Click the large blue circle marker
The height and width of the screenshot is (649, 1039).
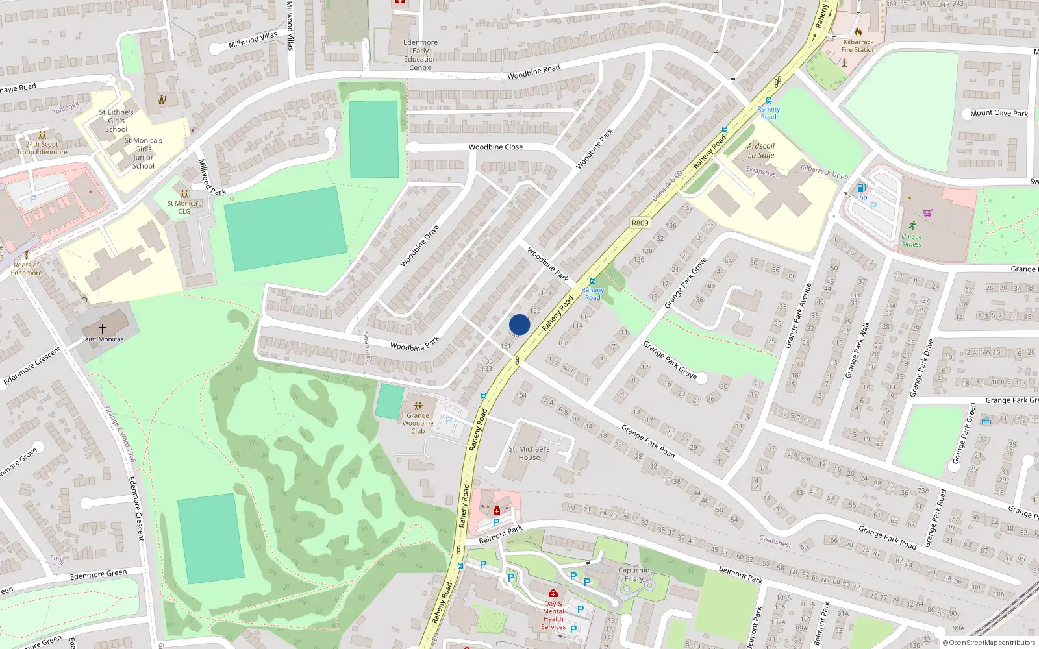pyautogui.click(x=519, y=324)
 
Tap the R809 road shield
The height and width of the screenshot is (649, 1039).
pyautogui.click(x=640, y=223)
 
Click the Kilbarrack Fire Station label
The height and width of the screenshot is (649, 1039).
pyautogui.click(x=858, y=45)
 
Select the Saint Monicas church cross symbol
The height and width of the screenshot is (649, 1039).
pyautogui.click(x=103, y=328)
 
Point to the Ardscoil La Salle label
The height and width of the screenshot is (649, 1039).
pyautogui.click(x=761, y=151)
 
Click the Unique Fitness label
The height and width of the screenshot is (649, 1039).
pyautogui.click(x=912, y=240)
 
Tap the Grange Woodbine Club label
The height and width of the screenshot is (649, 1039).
pyautogui.click(x=418, y=423)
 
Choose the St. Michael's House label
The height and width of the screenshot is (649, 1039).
pyautogui.click(x=529, y=453)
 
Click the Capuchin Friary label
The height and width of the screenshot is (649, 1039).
pyautogui.click(x=634, y=574)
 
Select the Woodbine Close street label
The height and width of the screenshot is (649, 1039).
pyautogui.click(x=495, y=147)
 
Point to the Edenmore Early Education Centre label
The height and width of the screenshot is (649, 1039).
pyautogui.click(x=420, y=55)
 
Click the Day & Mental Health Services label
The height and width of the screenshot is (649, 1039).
pyautogui.click(x=553, y=615)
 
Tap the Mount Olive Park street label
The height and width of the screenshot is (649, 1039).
pyautogui.click(x=999, y=113)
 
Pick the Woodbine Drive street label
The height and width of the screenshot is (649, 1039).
pyautogui.click(x=419, y=246)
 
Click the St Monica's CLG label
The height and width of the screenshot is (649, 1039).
pyautogui.click(x=184, y=207)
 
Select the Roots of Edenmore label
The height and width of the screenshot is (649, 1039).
pyautogui.click(x=27, y=269)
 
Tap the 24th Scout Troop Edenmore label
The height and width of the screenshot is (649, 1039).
pyautogui.click(x=42, y=148)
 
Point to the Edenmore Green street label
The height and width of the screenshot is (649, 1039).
pyautogui.click(x=98, y=574)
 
